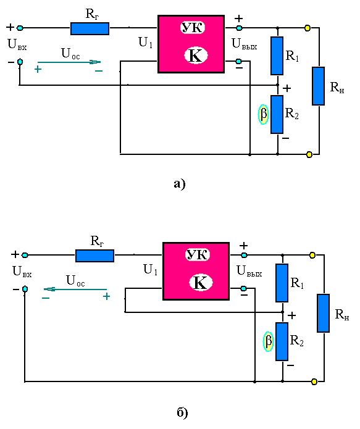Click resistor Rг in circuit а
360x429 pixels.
90,28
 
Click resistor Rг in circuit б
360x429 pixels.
94,256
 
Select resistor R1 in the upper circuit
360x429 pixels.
277,56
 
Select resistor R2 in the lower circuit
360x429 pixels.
282,342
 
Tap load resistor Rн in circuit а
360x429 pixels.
319,86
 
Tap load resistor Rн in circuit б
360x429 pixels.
324,314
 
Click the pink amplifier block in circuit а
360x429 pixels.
191,44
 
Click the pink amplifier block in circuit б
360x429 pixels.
196,272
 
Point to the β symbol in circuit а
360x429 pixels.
263,114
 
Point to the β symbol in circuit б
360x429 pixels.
268,341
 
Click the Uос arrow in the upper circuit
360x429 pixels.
69,62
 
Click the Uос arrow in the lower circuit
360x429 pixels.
75,289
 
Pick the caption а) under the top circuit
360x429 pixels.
180,184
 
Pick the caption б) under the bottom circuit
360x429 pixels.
182,412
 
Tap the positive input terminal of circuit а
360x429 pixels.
20,28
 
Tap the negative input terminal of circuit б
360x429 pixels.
25,289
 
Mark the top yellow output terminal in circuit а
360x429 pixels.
308,28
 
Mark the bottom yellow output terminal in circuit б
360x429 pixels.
314,381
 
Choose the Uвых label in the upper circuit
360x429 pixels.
244,44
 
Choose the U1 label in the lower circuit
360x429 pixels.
150,270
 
